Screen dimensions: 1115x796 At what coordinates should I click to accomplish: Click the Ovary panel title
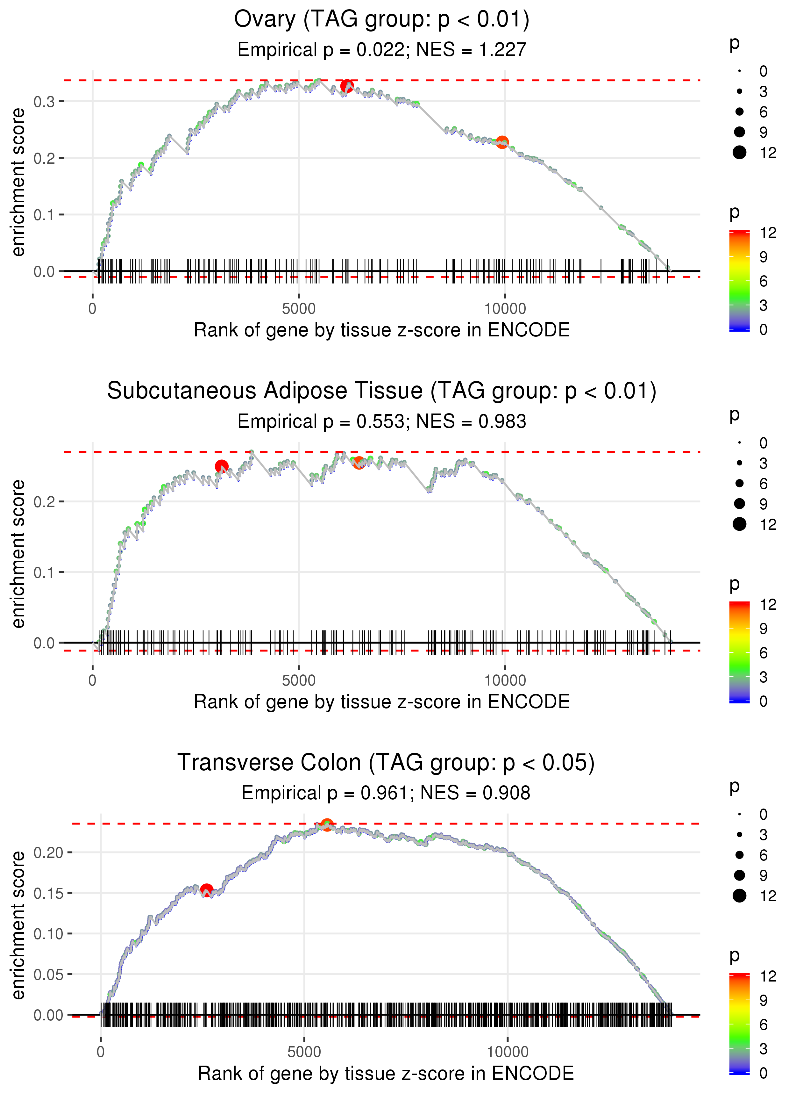tap(381, 20)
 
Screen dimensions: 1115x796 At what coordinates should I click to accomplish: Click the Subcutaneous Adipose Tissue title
tap(381, 391)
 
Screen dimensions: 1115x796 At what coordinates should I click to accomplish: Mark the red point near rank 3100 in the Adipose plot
tap(222, 466)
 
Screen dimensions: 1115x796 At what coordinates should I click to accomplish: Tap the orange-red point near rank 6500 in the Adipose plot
tap(359, 462)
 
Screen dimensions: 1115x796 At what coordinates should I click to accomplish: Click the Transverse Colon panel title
tap(386, 763)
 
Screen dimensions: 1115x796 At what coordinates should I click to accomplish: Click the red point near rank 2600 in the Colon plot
tap(206, 890)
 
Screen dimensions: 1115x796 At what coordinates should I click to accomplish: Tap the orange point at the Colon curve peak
tap(327, 825)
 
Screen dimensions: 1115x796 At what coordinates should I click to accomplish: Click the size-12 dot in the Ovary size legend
tap(739, 153)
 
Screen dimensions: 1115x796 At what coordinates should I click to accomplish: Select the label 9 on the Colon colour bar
tap(763, 1000)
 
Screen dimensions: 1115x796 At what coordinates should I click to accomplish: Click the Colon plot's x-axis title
tap(386, 1074)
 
